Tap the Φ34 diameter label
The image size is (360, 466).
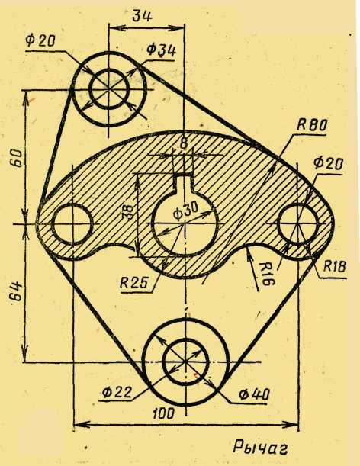coord(162,50)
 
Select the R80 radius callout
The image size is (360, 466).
coord(311,125)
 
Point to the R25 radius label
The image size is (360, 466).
coord(133,283)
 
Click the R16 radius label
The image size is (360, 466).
coord(265,273)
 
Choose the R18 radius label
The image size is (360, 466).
coord(334,266)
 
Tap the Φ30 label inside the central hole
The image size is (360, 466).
coord(185,212)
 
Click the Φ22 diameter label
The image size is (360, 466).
coord(116,392)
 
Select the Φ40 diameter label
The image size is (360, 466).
coord(255,394)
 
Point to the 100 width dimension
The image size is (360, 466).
coord(163,413)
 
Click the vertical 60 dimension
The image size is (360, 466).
coord(17,158)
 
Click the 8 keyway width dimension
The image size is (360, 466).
coord(184,143)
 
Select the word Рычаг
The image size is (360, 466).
coord(260,447)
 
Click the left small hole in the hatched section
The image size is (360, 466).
coord(72,224)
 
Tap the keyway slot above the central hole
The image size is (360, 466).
coord(185,185)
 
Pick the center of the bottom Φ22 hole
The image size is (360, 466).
coord(185,362)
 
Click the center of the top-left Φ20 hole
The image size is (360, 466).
coord(109,88)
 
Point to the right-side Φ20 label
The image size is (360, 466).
coord(328,163)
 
